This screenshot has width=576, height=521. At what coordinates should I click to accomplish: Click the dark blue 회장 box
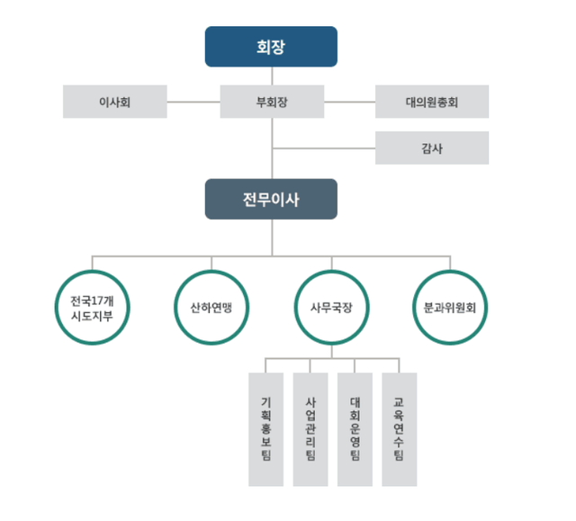(x=271, y=47)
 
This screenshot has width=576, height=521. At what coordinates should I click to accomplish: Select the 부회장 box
(x=271, y=102)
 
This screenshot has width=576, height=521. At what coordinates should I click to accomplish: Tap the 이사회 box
(x=114, y=102)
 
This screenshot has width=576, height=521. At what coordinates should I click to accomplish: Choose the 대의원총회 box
(x=431, y=102)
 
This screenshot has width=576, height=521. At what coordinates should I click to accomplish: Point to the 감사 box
(x=431, y=148)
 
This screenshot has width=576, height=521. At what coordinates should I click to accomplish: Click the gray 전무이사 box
(x=271, y=199)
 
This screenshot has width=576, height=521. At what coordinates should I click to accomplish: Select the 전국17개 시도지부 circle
(x=91, y=306)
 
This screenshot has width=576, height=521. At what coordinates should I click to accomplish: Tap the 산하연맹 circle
(x=211, y=306)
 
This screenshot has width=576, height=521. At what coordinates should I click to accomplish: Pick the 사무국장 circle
(x=331, y=306)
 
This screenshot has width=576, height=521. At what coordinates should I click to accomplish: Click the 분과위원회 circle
(x=451, y=306)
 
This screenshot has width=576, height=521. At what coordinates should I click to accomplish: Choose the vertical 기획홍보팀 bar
(x=265, y=428)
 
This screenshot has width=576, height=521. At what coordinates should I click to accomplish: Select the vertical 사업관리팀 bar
(x=310, y=428)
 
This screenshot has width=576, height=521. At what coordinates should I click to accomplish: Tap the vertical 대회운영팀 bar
(x=355, y=428)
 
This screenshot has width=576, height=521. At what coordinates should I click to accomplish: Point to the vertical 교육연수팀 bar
(x=399, y=428)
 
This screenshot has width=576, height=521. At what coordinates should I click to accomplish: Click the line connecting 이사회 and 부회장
(x=193, y=102)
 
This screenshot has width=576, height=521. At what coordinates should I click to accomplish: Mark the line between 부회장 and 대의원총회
(x=349, y=102)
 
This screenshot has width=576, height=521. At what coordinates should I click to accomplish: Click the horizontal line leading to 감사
(x=324, y=148)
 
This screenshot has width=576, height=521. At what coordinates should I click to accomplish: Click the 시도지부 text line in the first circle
(x=91, y=315)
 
